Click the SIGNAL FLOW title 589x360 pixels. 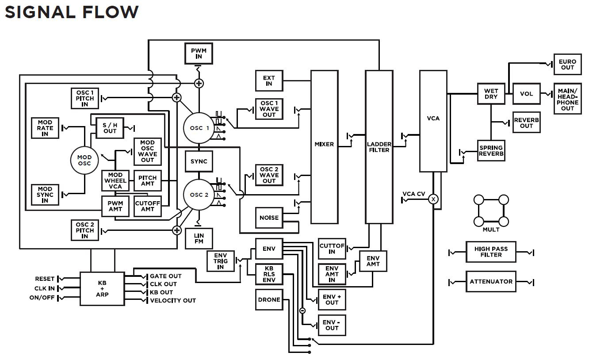(x=72, y=12)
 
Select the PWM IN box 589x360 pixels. (x=199, y=54)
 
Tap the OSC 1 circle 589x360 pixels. (x=199, y=128)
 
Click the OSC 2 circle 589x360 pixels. (x=199, y=195)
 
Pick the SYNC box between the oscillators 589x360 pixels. (x=199, y=161)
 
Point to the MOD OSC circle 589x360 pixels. (x=84, y=160)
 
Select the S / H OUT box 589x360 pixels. (x=110, y=128)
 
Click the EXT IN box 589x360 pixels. (x=269, y=80)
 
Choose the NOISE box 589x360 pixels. (x=269, y=218)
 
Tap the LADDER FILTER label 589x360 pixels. (x=379, y=147)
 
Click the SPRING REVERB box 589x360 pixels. (x=491, y=151)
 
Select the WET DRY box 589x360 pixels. (x=491, y=94)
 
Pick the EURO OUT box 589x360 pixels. (x=567, y=65)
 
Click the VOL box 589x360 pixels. (x=526, y=94)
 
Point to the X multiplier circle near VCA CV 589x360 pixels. (x=433, y=199)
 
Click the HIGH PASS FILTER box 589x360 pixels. (x=491, y=252)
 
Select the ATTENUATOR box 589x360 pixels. (x=491, y=282)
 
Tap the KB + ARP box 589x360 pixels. (x=102, y=288)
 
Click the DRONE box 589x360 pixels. (x=269, y=300)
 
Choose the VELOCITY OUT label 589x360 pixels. (x=172, y=301)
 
